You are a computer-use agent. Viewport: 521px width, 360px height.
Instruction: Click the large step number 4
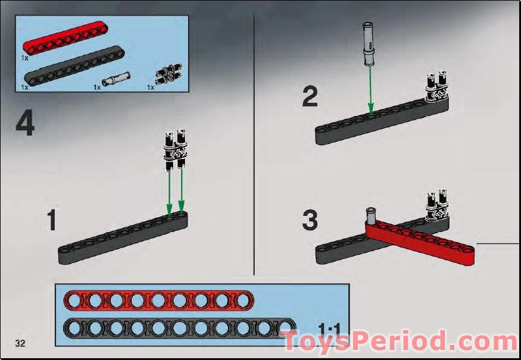24,124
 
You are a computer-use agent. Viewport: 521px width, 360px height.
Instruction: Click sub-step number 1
51,221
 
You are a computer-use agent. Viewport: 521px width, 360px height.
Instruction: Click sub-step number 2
310,97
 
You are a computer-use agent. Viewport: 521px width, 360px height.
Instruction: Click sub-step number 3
310,221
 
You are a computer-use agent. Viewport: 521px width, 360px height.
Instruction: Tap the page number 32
20,343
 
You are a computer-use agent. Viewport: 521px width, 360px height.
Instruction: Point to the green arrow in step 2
370,89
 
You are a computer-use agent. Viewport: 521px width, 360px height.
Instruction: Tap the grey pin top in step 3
370,213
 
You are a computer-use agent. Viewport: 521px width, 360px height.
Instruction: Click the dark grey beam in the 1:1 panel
179,327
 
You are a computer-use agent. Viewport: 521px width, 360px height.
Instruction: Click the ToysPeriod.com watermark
399,342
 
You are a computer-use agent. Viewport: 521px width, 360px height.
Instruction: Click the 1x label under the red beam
24,58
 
